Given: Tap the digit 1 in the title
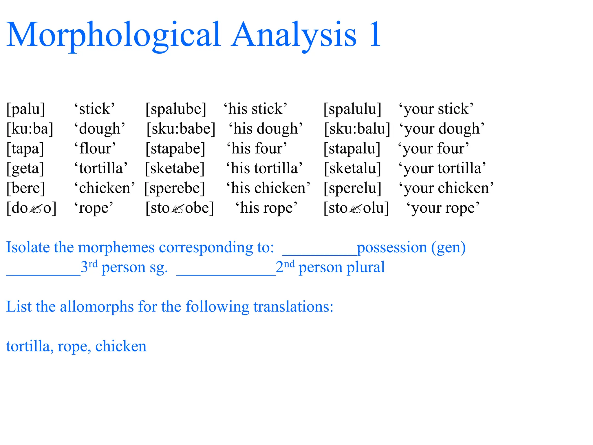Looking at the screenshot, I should pyautogui.click(x=375, y=35).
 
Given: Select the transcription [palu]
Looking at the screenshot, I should pyautogui.click(x=26, y=109).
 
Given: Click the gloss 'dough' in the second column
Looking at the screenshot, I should pyautogui.click(x=100, y=129).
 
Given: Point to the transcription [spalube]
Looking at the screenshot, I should pyautogui.click(x=176, y=109).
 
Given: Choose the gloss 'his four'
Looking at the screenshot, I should pyautogui.click(x=257, y=148).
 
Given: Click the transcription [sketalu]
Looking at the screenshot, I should pyautogui.click(x=352, y=168).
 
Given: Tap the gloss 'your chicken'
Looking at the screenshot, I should pyautogui.click(x=446, y=188).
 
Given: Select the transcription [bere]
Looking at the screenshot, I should pyautogui.click(x=26, y=188).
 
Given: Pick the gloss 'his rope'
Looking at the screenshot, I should pyautogui.click(x=266, y=208).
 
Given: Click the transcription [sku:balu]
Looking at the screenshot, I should pyautogui.click(x=357, y=129).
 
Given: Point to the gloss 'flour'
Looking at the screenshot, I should pyautogui.click(x=95, y=148).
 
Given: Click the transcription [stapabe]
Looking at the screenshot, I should pyautogui.click(x=175, y=148).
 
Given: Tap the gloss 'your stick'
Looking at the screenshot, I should pyautogui.click(x=436, y=109).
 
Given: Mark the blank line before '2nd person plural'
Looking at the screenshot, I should pyautogui.click(x=226, y=274).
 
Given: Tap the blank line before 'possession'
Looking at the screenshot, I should pyautogui.click(x=320, y=254).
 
